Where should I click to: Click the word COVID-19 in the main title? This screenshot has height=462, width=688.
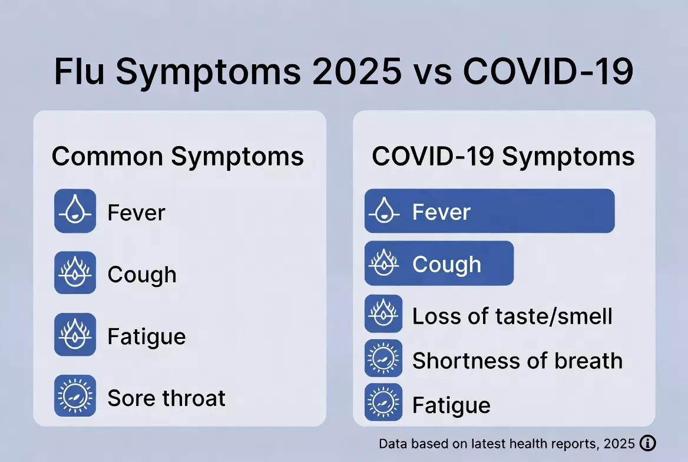pos(548,72)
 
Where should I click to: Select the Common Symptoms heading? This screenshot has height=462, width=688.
pos(178,157)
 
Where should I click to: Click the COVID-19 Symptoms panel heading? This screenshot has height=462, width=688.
pos(504,157)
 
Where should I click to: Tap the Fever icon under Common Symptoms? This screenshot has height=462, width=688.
pos(75,211)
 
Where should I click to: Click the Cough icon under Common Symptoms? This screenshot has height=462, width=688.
pos(75,273)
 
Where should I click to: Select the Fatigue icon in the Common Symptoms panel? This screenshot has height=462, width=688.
pos(75,335)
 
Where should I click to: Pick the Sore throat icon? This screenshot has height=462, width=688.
pos(75,397)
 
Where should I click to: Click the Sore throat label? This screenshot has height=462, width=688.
pos(166,398)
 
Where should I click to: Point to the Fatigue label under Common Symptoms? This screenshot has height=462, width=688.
pos(147,337)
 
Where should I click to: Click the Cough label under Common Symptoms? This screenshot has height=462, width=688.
pos(142,275)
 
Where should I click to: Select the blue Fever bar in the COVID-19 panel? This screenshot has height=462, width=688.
pos(489,211)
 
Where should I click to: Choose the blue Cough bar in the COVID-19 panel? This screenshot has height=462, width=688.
pos(439,263)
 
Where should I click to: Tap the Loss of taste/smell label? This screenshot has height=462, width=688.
pos(512,316)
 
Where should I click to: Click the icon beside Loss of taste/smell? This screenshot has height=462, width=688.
pos(383,313)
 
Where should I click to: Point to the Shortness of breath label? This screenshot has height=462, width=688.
pos(517,361)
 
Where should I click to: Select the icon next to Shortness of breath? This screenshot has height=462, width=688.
pos(383,358)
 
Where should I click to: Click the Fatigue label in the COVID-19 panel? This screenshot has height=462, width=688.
pos(451,405)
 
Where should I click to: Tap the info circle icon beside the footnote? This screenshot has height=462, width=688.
pos(647,443)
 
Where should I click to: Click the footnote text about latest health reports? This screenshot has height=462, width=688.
pos(507,444)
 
